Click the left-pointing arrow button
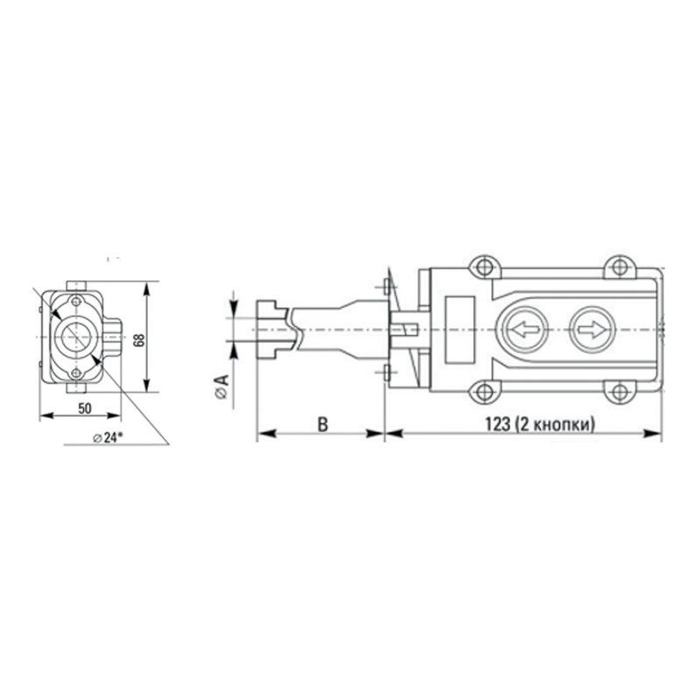click(x=524, y=331)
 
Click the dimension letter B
click(x=321, y=424)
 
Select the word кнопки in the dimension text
click(x=567, y=424)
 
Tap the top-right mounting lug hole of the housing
click(x=619, y=266)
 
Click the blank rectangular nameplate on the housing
click(x=459, y=330)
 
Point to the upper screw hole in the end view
click(x=77, y=302)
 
